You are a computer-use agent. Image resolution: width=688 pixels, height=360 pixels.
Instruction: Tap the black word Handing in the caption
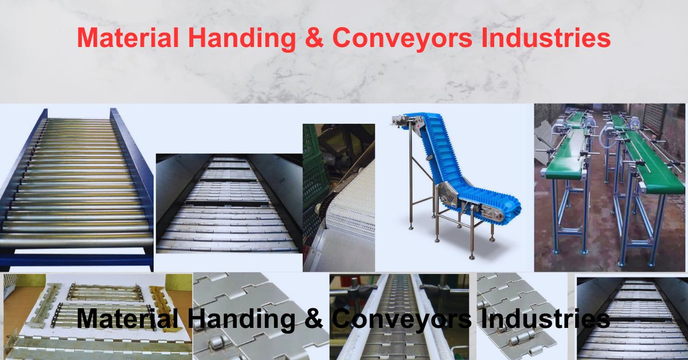point(241,319)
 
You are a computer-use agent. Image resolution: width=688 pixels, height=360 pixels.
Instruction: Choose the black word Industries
point(545,319)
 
